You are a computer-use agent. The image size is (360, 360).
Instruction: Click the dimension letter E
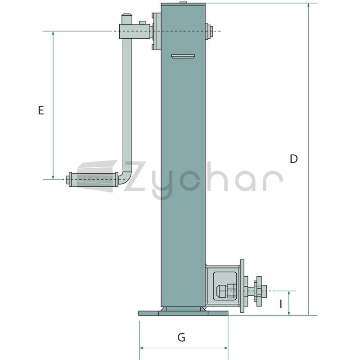[41, 110]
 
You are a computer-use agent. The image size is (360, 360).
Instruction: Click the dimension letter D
[294, 159]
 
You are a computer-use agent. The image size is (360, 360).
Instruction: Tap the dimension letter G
[181, 337]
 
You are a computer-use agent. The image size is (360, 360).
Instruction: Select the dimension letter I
[281, 304]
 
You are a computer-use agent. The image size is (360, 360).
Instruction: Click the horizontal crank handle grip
[94, 179]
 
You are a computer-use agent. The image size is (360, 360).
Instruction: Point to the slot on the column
[183, 56]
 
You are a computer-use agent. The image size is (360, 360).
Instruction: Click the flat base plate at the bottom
[183, 313]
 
